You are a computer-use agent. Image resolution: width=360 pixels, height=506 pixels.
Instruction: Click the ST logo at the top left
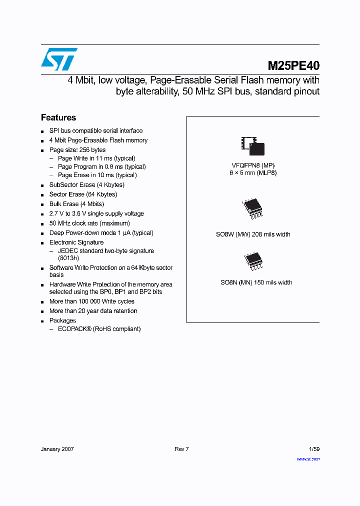click(59, 59)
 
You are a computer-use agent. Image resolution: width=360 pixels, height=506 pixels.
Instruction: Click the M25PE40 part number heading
click(293, 65)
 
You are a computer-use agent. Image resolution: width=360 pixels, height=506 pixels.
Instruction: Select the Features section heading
click(58, 117)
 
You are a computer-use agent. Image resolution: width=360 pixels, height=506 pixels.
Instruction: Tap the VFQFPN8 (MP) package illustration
click(252, 145)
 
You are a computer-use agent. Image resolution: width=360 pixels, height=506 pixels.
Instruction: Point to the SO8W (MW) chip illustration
click(252, 209)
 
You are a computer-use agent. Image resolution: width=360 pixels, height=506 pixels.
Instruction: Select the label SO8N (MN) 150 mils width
click(256, 282)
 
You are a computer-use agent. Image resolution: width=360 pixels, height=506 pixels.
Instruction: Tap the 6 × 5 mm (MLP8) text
click(253, 172)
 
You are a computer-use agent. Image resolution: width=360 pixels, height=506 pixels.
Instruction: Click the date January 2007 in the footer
click(57, 449)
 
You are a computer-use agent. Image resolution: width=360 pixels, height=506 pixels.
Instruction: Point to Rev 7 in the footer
click(181, 449)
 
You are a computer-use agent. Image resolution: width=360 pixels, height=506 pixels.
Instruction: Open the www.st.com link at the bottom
click(308, 458)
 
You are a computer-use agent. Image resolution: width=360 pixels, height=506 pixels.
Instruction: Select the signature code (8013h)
click(68, 258)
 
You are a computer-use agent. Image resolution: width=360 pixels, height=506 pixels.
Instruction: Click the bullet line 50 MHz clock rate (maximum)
click(89, 223)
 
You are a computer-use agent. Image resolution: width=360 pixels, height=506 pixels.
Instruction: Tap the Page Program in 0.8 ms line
click(101, 166)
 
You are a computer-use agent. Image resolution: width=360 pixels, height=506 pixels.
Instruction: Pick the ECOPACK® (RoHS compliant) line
click(99, 329)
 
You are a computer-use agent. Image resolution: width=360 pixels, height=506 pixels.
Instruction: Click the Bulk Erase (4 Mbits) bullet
click(76, 204)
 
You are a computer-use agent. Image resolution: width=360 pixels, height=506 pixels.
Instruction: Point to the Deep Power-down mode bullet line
click(101, 233)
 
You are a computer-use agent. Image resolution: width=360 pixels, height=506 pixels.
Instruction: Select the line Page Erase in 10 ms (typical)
click(97, 175)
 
